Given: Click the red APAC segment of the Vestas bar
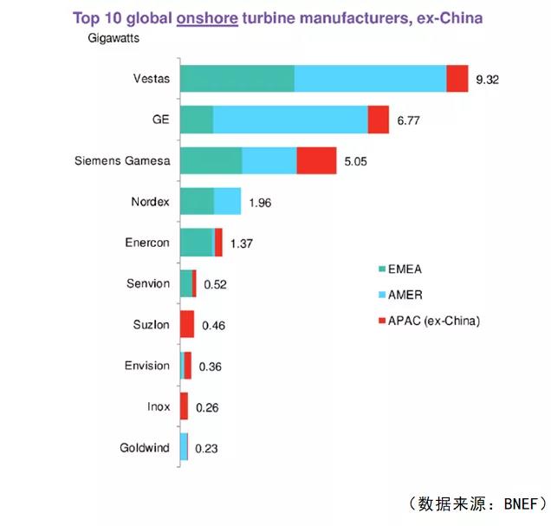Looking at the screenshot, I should (x=457, y=79).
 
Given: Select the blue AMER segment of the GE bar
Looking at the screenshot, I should (x=290, y=120).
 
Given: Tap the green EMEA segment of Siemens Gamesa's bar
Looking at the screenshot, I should (x=211, y=161).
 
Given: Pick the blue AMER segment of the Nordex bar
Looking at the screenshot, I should (x=227, y=202).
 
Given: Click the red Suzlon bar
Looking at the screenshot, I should (x=187, y=325).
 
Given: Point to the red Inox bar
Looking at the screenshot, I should (x=184, y=406).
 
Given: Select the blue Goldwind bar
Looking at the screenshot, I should (x=184, y=447).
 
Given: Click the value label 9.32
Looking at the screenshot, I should (x=488, y=80).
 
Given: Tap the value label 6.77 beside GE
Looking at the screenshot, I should (x=408, y=120).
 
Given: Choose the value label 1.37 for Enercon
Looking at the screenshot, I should (x=242, y=244).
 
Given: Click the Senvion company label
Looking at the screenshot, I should (x=147, y=283).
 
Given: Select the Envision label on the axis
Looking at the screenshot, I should (x=147, y=366).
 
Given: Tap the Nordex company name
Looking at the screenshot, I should (x=150, y=202).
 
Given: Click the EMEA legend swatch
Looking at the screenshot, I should (x=381, y=269).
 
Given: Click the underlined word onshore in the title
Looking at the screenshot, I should (x=207, y=17).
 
